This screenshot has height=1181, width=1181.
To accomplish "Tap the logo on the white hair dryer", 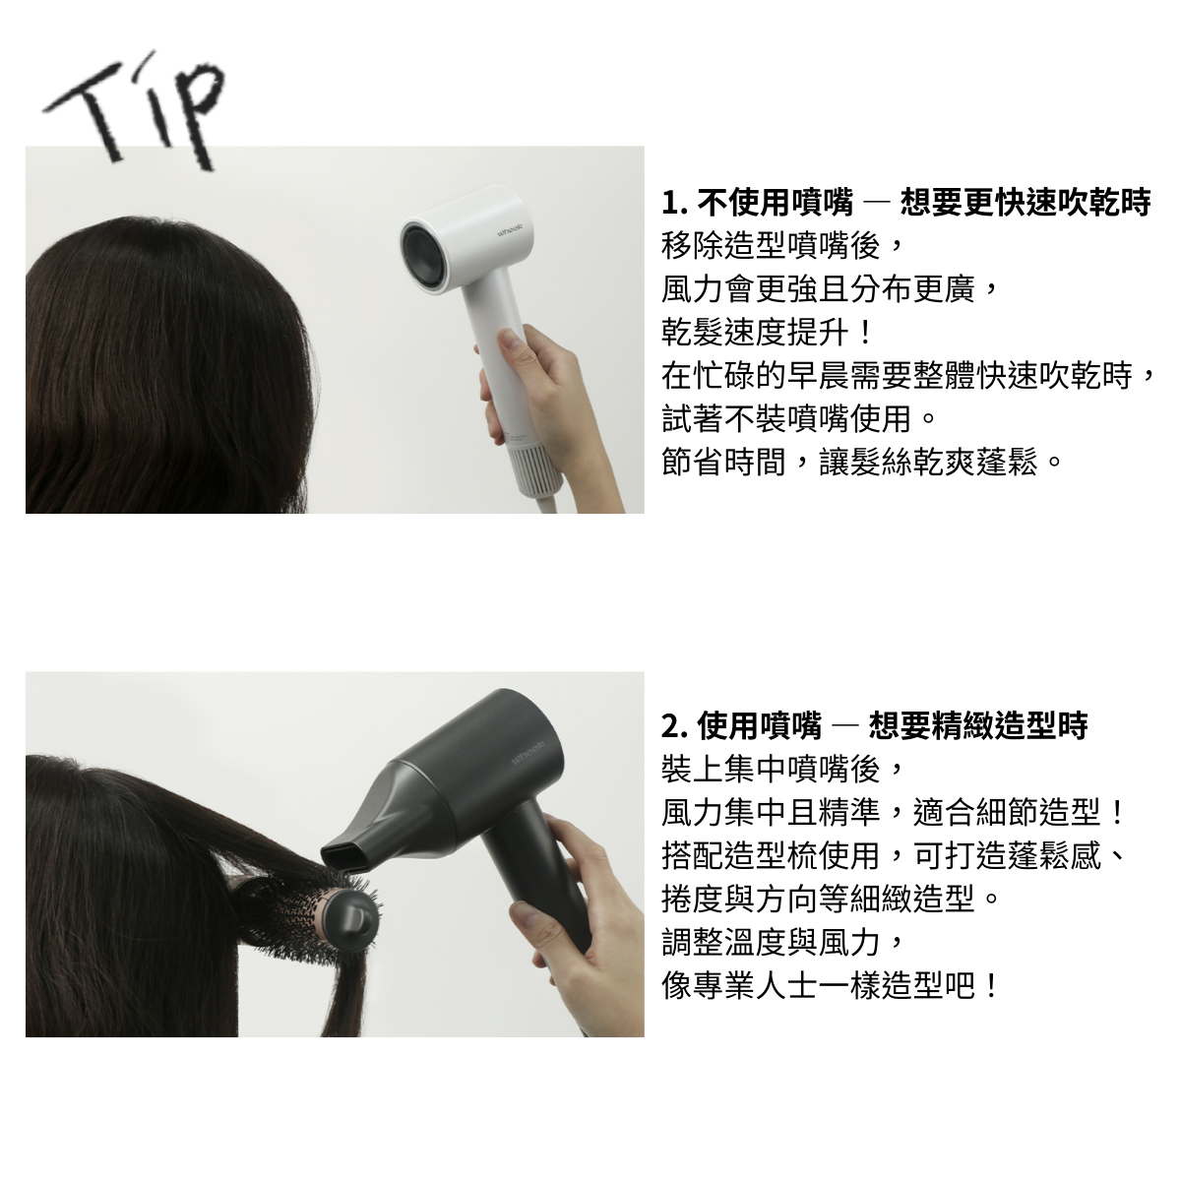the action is (510, 231).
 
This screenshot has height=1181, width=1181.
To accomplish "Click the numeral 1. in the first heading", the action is (674, 203).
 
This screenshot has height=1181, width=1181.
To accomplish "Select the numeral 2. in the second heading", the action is (675, 726).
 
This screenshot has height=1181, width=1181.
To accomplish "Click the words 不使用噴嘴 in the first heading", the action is (775, 203).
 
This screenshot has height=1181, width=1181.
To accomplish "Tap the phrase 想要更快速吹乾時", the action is (1026, 203).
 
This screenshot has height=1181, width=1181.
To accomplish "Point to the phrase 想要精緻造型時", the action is (978, 726).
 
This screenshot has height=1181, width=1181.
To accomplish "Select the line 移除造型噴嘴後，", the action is (782, 246).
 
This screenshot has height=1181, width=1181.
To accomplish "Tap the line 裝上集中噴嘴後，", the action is (782, 770).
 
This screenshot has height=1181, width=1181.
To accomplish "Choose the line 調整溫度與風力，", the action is (782, 943).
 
